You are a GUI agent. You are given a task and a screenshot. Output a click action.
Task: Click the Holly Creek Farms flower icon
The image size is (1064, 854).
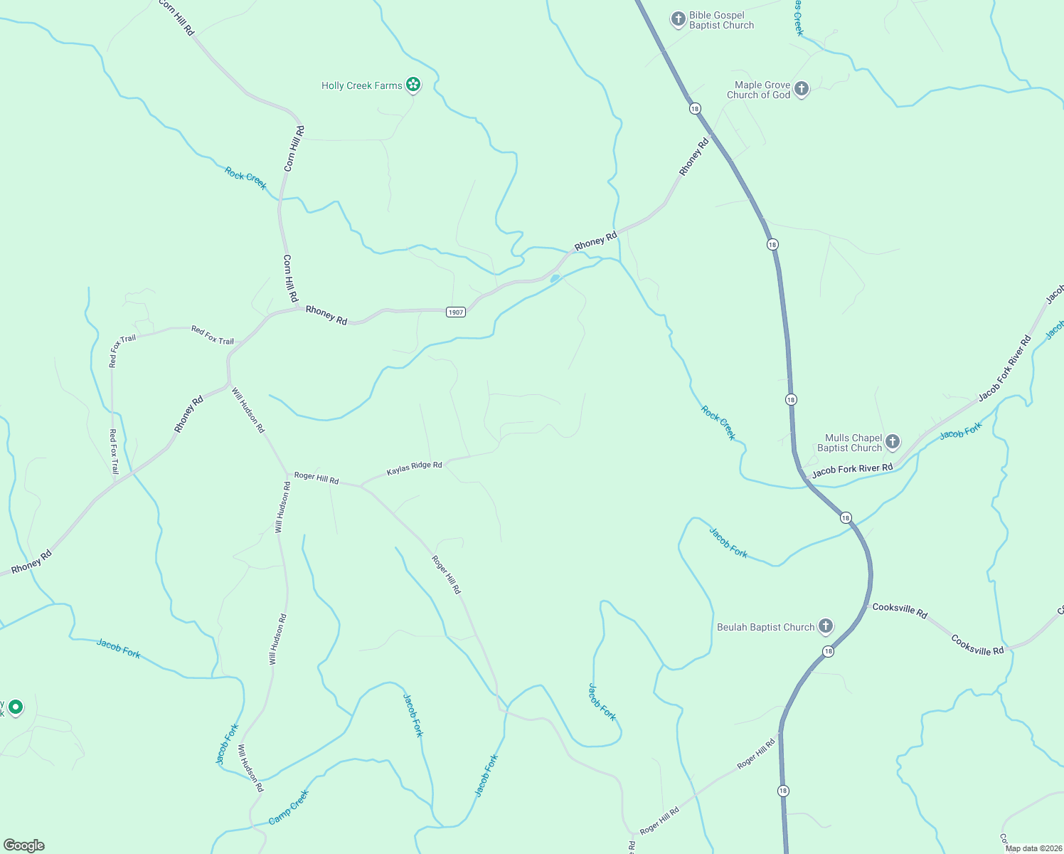coord(413,85)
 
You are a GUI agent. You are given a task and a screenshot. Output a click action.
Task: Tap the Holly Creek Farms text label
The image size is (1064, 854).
coord(361,86)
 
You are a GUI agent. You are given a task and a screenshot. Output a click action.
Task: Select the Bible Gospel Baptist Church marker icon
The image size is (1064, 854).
coord(679,19)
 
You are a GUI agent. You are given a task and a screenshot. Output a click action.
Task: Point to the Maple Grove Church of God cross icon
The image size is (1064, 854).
coord(802,89)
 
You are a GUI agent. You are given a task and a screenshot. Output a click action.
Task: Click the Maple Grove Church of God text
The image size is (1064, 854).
coord(758,90)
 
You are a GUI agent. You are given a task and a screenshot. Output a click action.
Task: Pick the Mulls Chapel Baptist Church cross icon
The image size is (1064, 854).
coord(893,442)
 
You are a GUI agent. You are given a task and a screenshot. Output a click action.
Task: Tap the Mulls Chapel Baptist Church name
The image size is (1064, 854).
coord(850,443)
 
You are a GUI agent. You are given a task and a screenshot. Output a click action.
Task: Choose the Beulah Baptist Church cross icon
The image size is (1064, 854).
coord(826,626)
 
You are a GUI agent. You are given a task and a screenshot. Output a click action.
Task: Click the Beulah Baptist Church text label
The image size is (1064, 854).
coord(765,627)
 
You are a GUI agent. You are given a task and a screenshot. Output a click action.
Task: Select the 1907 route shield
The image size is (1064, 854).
coord(456,312)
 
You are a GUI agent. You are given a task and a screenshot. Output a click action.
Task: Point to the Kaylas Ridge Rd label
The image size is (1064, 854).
coord(414,468)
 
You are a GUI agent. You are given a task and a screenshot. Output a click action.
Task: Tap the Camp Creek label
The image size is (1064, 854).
coord(289,807)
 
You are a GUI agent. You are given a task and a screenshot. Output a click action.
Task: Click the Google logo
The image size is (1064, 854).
coord(24,845)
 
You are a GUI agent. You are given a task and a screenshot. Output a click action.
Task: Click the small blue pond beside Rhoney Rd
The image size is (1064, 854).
coord(555,278)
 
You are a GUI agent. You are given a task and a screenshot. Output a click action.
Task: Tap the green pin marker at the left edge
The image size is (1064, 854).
coord(16,707)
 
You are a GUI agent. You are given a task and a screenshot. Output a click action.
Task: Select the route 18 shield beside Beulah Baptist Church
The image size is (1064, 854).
coord(828,651)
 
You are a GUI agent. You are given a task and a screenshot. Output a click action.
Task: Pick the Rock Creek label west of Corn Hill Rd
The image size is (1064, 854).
coord(245,178)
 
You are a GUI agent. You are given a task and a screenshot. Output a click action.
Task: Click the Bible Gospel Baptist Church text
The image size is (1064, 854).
coord(721,20)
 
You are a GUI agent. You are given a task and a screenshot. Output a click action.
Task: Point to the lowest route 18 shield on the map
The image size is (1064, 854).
coord(783,791)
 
